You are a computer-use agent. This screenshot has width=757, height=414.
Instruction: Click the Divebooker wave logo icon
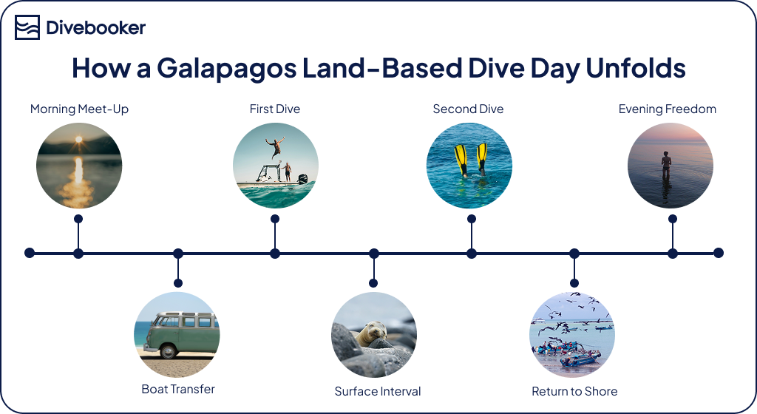coord(27,28)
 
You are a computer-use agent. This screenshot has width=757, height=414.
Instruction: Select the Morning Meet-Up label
coord(79,109)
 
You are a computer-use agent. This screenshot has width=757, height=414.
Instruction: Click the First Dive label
coord(275,109)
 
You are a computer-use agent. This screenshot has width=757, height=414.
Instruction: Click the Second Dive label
coord(468,109)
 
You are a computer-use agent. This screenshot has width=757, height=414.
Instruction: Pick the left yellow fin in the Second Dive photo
coord(461,158)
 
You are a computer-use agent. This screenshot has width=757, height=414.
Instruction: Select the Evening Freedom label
coord(668,109)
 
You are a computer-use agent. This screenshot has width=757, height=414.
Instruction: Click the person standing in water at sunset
coord(666,164)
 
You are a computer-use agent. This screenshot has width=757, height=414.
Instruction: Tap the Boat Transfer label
coord(178,389)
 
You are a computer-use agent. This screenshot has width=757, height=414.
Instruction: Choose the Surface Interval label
coord(378,392)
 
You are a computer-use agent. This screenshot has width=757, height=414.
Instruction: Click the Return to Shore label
coord(574,392)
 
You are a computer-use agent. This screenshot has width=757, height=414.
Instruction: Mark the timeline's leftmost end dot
coord(30,253)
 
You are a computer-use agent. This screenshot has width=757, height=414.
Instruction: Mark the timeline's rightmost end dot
coord(718,253)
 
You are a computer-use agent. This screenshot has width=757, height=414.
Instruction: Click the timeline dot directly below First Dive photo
coord(275,253)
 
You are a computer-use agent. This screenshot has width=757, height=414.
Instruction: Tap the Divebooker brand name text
coord(96,28)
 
